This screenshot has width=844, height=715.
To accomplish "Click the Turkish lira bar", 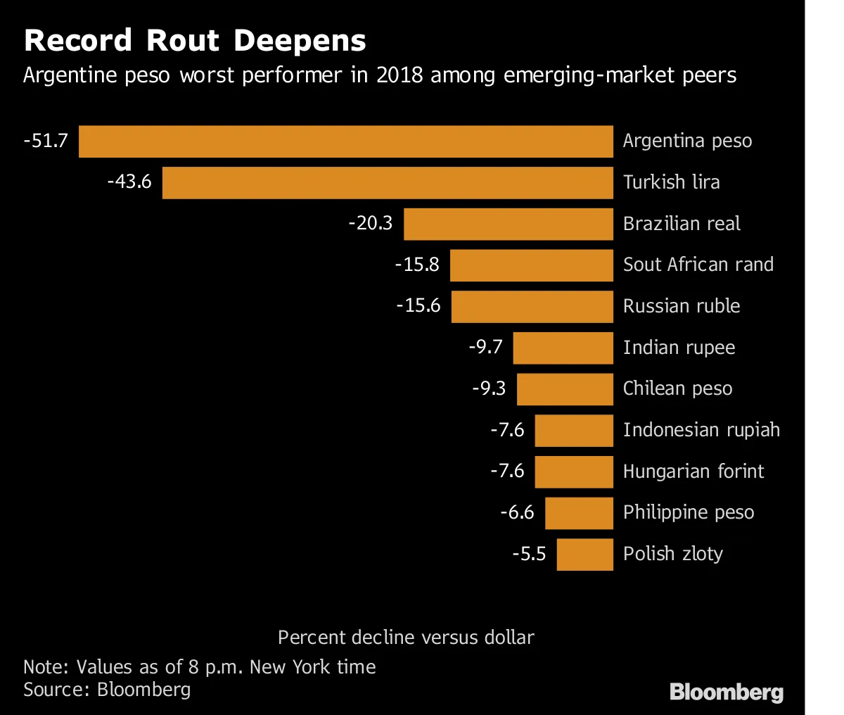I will click(x=388, y=183).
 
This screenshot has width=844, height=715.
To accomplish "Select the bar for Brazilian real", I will click(x=508, y=224).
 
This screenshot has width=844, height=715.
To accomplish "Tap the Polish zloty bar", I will click(x=584, y=555).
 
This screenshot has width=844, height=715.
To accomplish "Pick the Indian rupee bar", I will click(x=563, y=348).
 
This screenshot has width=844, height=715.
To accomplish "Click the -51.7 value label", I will click(x=46, y=141).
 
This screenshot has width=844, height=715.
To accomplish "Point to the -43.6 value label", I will click(x=129, y=182).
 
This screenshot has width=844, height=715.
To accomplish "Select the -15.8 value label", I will click(x=417, y=265).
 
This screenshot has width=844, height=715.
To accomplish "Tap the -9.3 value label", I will click(x=489, y=389).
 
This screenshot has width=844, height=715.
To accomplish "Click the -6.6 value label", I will click(x=517, y=512).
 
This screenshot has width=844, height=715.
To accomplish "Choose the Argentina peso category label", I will click(x=687, y=141).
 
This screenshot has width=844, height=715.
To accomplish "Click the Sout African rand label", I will click(x=698, y=265).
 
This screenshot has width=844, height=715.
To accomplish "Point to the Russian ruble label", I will click(x=681, y=306).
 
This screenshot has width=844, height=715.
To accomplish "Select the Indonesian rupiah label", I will click(x=701, y=430).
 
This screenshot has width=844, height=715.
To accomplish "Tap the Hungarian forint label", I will click(x=693, y=472).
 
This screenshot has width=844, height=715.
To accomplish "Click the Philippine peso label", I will click(x=688, y=513).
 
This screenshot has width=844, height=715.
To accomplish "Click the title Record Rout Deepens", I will click(x=195, y=41).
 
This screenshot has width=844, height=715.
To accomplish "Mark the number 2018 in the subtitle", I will click(x=399, y=75).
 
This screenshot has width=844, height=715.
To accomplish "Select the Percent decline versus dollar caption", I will click(x=406, y=638).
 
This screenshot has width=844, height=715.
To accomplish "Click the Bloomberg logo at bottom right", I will click(x=726, y=692).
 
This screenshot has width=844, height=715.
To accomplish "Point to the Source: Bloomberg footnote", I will click(x=107, y=689).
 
